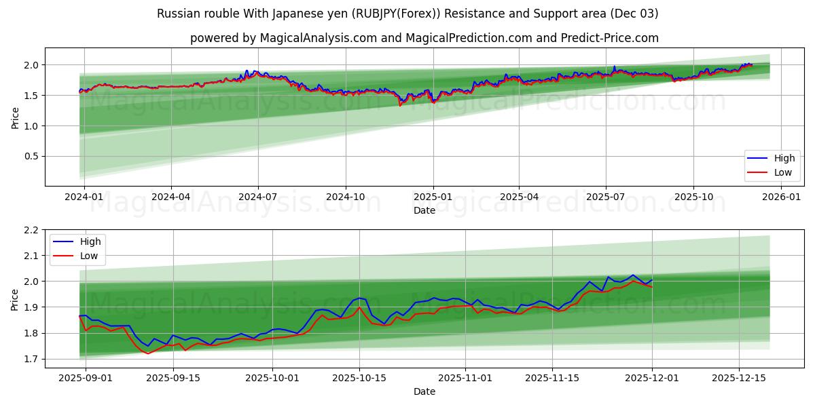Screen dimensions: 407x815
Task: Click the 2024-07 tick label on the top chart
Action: point(258,196)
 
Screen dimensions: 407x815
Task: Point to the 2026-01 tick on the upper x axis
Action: point(781,196)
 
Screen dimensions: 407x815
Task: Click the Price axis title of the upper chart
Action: point(16,117)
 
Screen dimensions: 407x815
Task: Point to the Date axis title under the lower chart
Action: point(424,391)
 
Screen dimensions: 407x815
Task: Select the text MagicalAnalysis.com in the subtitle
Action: point(319,38)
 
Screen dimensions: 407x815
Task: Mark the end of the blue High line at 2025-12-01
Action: point(652,280)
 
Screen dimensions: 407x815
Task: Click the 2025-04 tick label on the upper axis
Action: point(520,196)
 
